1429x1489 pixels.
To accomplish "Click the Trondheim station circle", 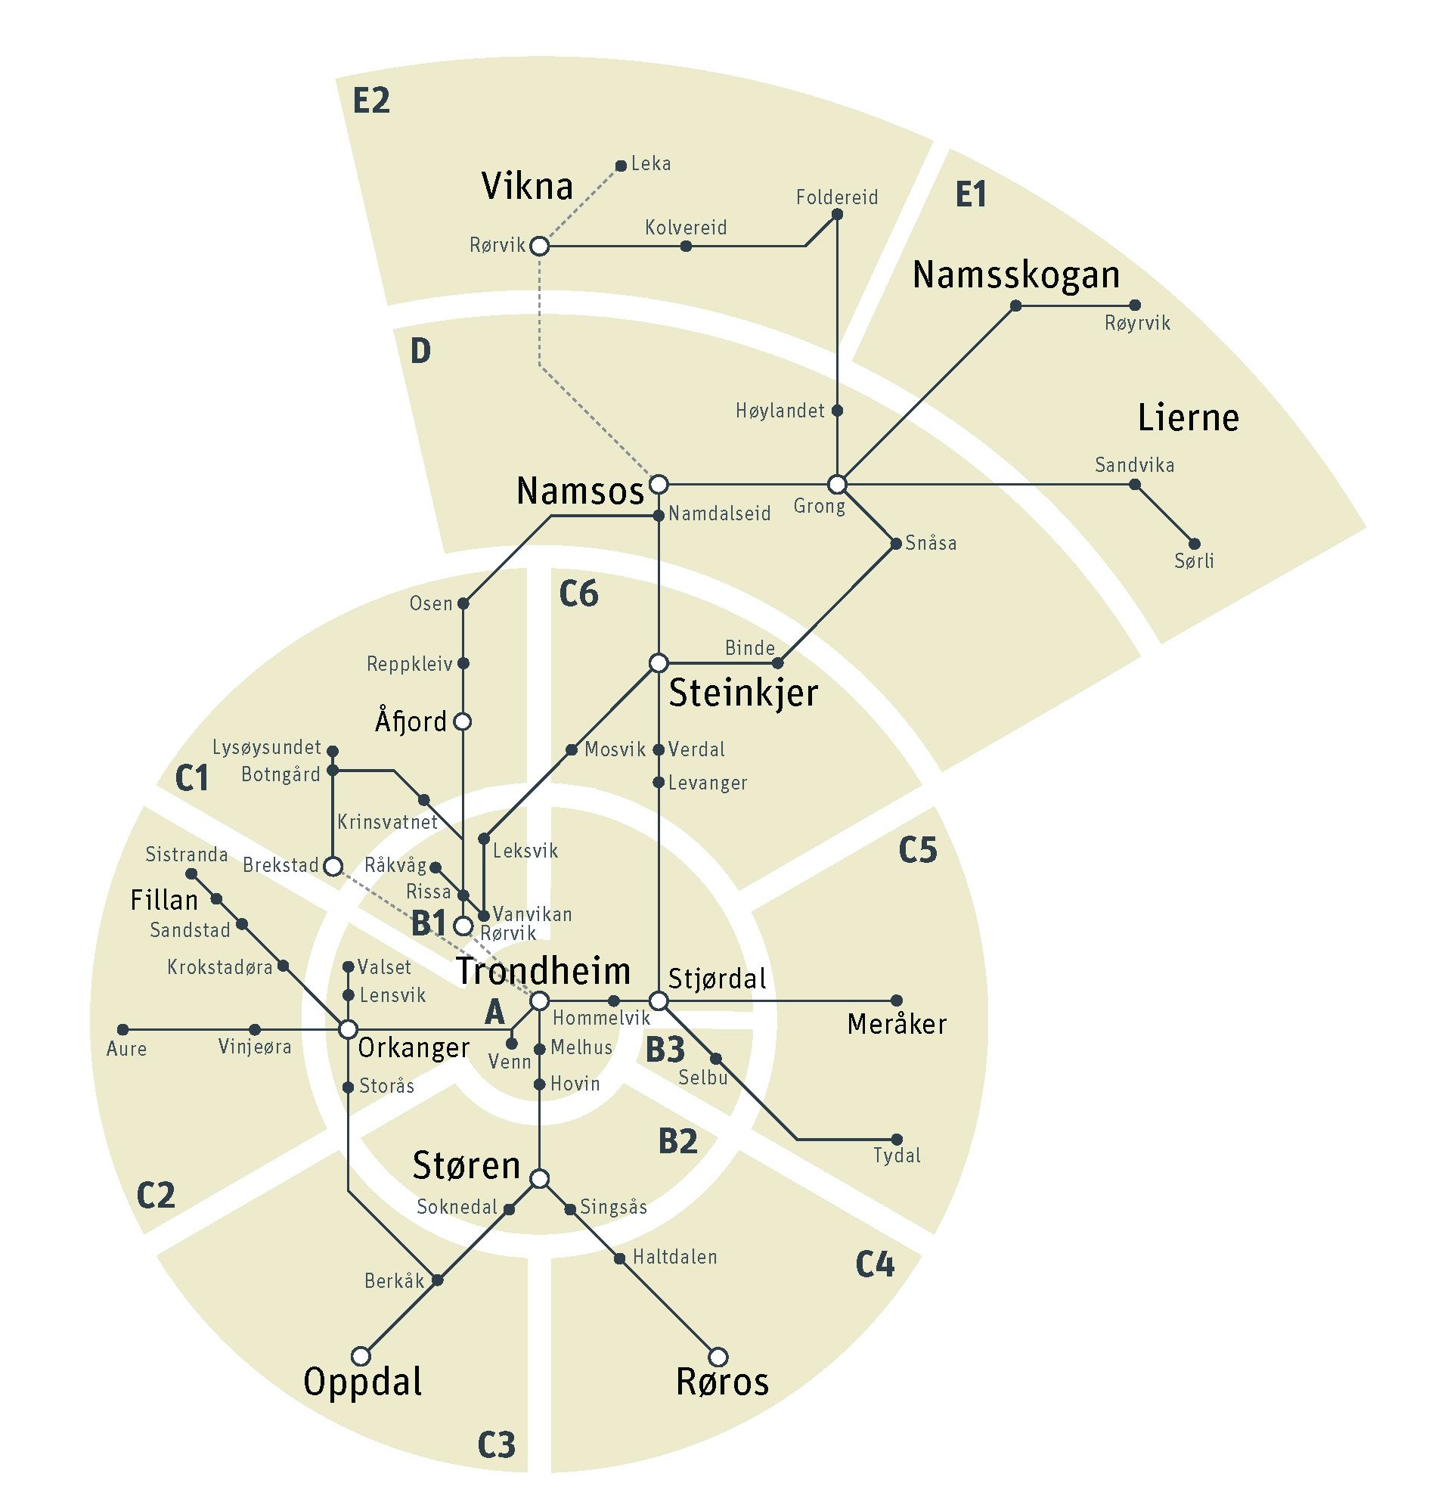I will [x=538, y=1001].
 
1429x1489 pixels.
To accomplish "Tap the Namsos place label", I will [x=581, y=491].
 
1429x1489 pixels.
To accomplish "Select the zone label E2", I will [x=371, y=101].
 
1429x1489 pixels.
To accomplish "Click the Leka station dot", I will [x=620, y=166].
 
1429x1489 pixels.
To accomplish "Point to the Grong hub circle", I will [x=836, y=484].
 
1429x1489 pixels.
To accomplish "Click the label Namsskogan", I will [x=1015, y=275].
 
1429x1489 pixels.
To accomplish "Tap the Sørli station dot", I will [x=1194, y=544].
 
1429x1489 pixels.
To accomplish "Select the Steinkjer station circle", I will [x=658, y=662].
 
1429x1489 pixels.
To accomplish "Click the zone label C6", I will [x=578, y=594].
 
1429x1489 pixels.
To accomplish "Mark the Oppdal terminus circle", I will [x=361, y=1356].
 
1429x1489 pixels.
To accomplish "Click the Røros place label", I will [x=722, y=1382].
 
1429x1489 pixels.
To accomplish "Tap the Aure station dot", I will [x=123, y=1030].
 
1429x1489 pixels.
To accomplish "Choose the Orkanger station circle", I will [x=348, y=1029].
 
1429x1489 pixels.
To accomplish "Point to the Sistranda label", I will [x=186, y=855].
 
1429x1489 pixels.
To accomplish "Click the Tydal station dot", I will [x=897, y=1140].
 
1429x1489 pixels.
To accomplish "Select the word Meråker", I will [x=897, y=1025].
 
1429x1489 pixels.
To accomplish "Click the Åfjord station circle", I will [x=462, y=721].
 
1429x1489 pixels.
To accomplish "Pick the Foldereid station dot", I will [x=837, y=214].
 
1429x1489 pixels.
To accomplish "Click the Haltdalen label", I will [x=674, y=1258].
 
